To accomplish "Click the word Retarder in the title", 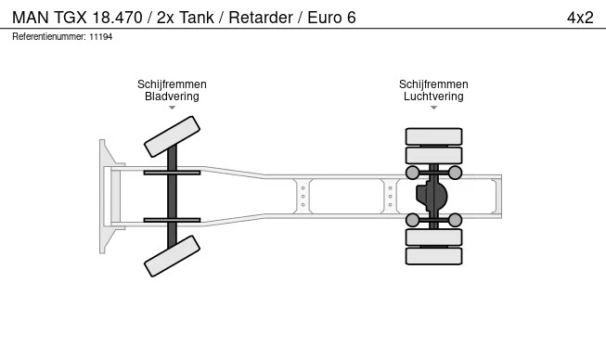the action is (x=261, y=18).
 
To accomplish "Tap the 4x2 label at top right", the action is (x=580, y=18).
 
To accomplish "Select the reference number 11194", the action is (x=101, y=37).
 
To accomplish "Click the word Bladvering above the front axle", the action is (x=172, y=96).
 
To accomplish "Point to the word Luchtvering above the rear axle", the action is (x=433, y=96).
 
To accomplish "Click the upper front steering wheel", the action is (x=172, y=136).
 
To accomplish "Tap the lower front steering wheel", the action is (x=172, y=256).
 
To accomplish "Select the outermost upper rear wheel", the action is (x=433, y=136).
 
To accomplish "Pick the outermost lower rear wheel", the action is (x=433, y=256).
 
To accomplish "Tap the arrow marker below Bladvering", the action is (x=172, y=108).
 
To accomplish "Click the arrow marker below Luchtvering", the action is (x=433, y=108).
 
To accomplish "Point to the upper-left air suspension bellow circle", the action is (x=412, y=173).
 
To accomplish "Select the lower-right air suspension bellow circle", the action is (x=455, y=220).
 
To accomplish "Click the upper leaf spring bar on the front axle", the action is (x=172, y=173).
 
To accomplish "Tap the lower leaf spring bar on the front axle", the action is (x=172, y=220).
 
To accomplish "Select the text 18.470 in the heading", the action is (x=118, y=18).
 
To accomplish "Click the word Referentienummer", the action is (x=48, y=37).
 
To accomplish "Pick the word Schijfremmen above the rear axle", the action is (x=433, y=84).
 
